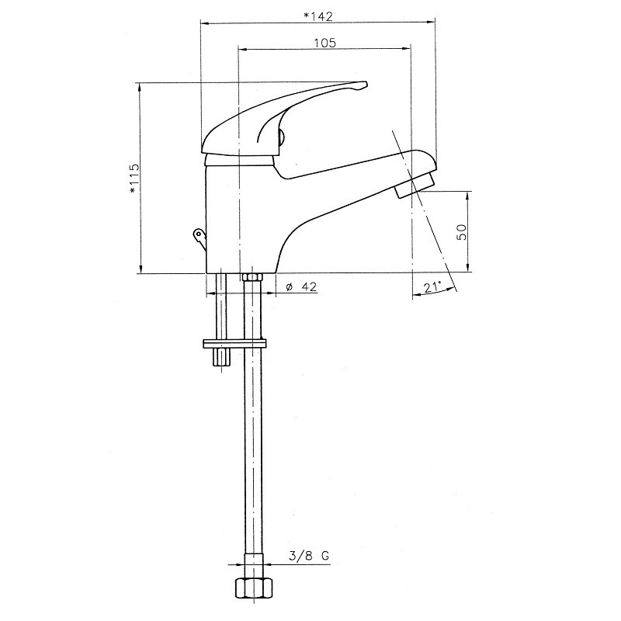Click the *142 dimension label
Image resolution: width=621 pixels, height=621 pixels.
(317, 16)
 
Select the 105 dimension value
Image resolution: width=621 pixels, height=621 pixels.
(324, 43)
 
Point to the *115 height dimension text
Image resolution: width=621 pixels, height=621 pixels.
(134, 178)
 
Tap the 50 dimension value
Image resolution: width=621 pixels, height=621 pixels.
(462, 231)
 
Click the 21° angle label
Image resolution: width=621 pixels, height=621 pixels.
(432, 287)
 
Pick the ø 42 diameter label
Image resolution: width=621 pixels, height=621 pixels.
(301, 286)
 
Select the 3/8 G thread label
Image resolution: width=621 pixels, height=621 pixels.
(309, 556)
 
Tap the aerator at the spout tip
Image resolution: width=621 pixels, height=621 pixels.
(415, 184)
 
